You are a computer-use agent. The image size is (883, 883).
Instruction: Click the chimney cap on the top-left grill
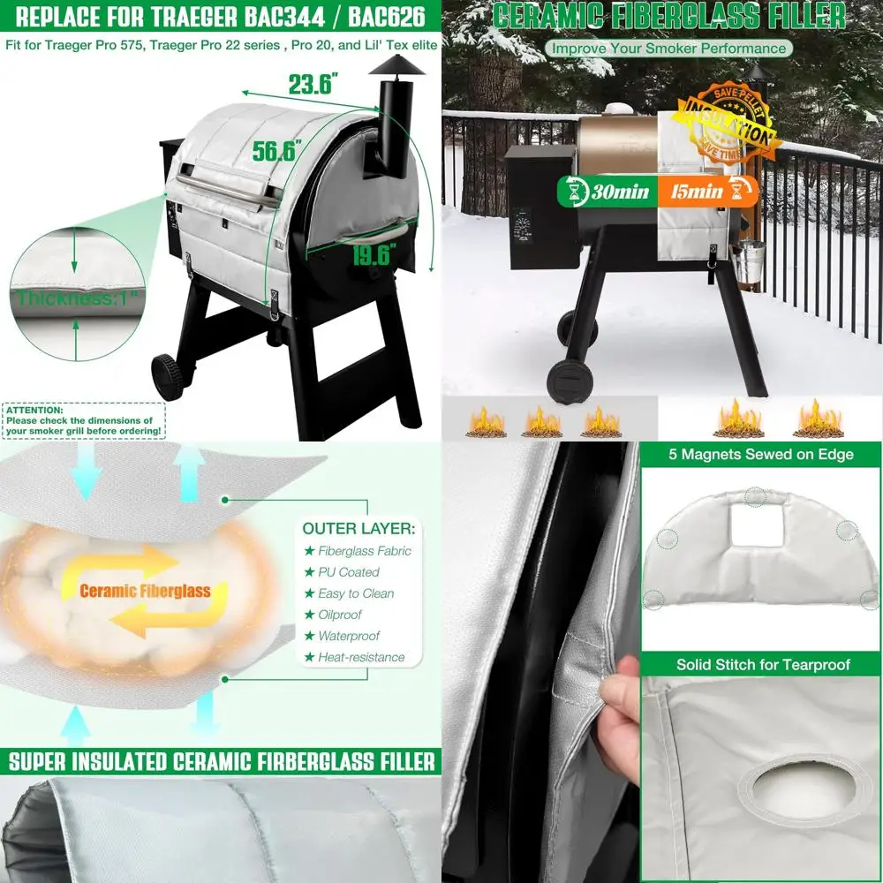click(396, 64)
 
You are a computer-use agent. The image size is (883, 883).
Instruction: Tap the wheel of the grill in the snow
click(566, 381)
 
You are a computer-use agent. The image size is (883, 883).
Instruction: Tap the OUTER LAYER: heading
click(358, 528)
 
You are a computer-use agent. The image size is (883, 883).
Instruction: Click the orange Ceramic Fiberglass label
click(145, 591)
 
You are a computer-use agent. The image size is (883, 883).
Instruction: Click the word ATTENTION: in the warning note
click(34, 411)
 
